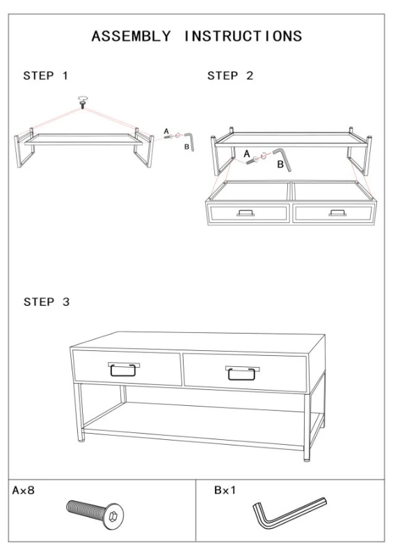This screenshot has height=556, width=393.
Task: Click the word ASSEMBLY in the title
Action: pos(131,37)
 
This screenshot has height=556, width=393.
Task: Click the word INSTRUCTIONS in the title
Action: pos(243,37)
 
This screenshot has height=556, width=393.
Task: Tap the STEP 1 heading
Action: pos(46,76)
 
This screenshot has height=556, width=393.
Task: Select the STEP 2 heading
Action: pos(230,76)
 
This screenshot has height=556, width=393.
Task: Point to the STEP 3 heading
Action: pos(46,302)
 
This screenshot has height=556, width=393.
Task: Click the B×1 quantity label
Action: pos(225,491)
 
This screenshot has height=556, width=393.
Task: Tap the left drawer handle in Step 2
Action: pos(246,213)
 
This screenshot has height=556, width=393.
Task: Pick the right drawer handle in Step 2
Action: pos(337,213)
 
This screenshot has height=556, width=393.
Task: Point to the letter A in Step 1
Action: pos(166,130)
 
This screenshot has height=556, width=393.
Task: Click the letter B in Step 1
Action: pos(186,147)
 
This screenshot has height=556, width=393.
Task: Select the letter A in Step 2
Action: pos(246,152)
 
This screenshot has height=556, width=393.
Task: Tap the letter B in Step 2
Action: pos(280,165)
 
